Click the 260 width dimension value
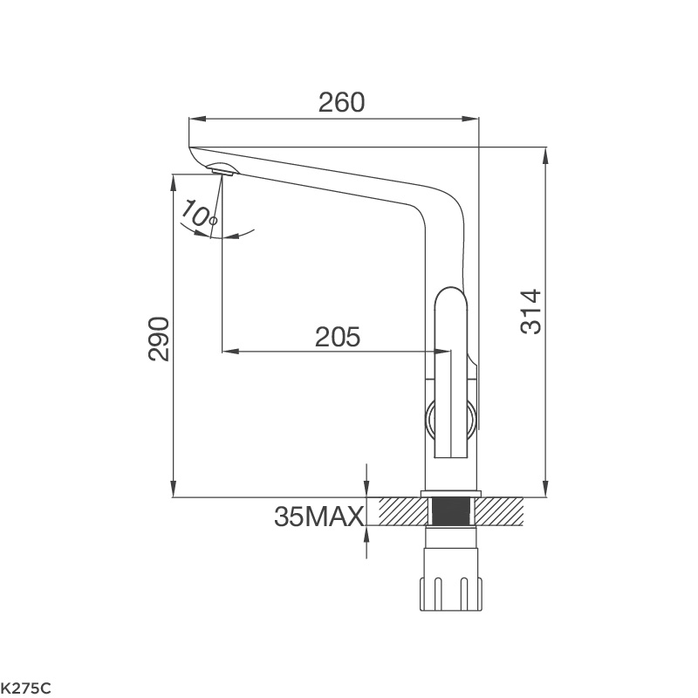click(x=341, y=102)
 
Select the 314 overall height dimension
click(x=530, y=311)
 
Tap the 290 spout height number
click(x=159, y=339)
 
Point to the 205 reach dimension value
click(x=338, y=337)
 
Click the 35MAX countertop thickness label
click(x=318, y=517)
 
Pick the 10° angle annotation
click(x=199, y=214)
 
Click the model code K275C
click(x=26, y=688)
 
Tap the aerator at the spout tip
click(x=222, y=171)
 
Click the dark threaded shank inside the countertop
click(x=451, y=511)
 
